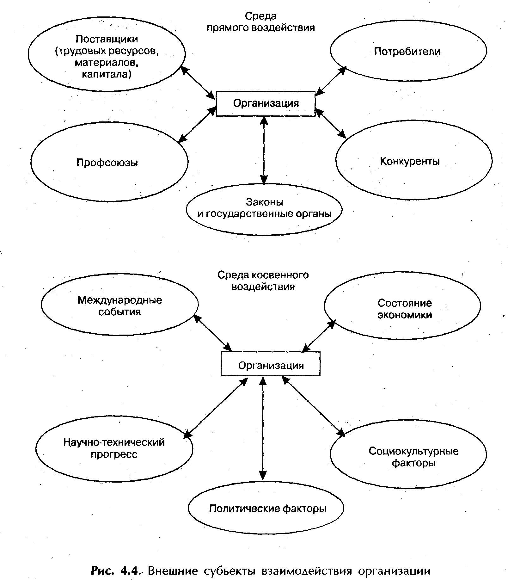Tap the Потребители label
click(407, 52)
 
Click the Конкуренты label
click(410, 161)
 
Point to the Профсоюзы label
click(107, 163)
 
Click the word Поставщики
click(107, 39)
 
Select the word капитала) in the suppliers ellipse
click(107, 74)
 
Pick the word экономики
click(405, 315)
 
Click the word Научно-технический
click(114, 442)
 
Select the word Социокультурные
click(413, 451)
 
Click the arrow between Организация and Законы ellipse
click(264, 150)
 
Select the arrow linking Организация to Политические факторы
click(263, 428)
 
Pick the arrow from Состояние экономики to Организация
click(319, 336)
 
